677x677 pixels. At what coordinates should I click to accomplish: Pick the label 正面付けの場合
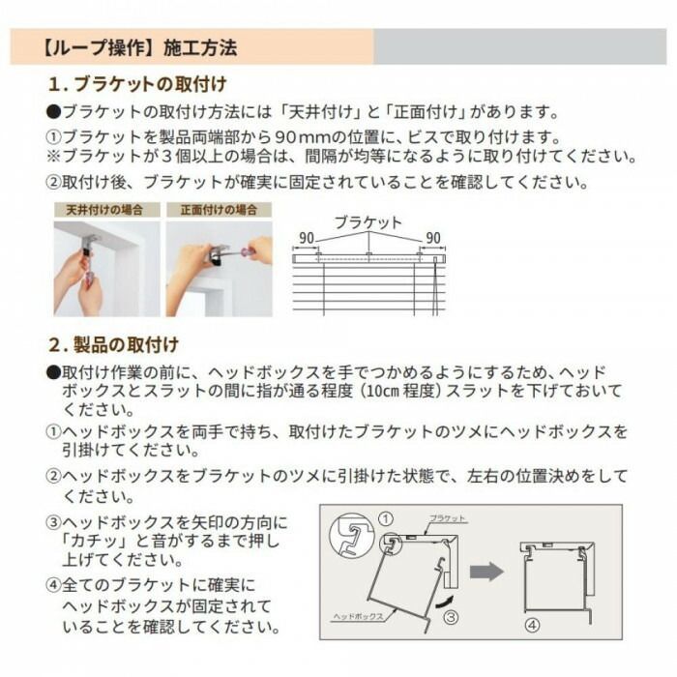(x=218, y=210)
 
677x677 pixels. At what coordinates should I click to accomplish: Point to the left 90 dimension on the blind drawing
(x=306, y=238)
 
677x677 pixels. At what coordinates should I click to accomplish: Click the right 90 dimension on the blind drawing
(x=432, y=238)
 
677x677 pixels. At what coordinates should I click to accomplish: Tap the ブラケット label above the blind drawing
(x=368, y=222)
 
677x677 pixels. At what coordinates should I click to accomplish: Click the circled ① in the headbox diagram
(x=385, y=519)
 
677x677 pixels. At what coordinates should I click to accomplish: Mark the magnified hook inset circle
(x=351, y=535)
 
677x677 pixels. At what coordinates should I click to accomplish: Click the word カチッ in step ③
(x=94, y=541)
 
